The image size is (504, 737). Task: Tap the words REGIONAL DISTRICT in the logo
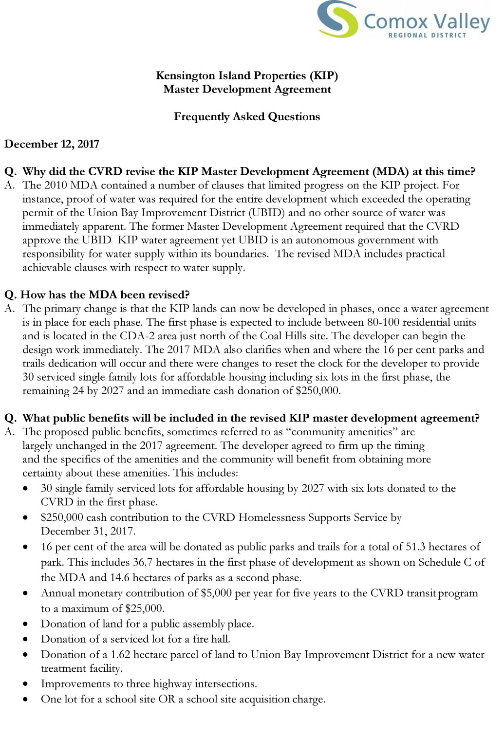[x=427, y=35]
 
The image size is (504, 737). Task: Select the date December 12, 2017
[x=52, y=144]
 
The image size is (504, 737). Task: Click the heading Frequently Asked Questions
[x=247, y=117]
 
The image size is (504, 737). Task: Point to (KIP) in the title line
[x=324, y=75]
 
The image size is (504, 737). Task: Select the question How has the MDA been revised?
[x=97, y=295]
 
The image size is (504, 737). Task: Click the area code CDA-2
[x=136, y=336]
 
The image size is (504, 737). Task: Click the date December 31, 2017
[x=88, y=531]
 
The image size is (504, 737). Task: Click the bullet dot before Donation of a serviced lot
[x=25, y=640]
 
